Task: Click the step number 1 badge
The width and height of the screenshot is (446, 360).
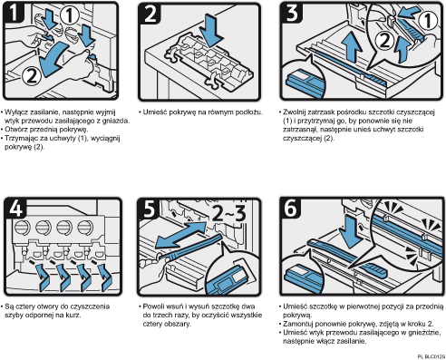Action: [x=14, y=13]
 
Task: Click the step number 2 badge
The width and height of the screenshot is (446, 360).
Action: [x=150, y=14]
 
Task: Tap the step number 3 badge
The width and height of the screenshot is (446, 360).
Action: [x=292, y=13]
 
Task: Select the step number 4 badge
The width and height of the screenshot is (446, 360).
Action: [x=15, y=208]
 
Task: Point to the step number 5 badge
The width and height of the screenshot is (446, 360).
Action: [x=150, y=208]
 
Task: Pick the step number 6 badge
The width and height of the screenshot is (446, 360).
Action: [x=291, y=208]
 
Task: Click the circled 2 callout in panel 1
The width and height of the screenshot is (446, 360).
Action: [x=32, y=76]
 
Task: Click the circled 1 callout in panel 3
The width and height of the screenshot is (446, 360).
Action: [x=427, y=20]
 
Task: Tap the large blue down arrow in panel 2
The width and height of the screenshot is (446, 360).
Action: [x=212, y=29]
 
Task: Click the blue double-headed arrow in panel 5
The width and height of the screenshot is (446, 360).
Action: [x=181, y=236]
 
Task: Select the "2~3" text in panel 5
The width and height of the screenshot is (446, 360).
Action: [x=229, y=213]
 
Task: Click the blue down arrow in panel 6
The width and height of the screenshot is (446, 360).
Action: [x=350, y=231]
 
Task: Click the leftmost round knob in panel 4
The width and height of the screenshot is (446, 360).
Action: [x=23, y=228]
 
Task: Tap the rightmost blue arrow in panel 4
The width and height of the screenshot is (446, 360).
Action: [x=106, y=277]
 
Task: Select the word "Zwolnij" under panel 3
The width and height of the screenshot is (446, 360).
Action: [x=294, y=112]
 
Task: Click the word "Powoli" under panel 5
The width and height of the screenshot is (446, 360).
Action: [x=153, y=306]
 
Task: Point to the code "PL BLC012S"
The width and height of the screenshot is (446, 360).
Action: [x=431, y=356]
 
